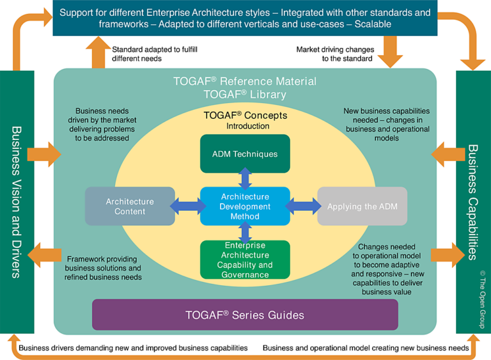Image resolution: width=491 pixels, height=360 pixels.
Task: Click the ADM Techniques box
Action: coord(245,154)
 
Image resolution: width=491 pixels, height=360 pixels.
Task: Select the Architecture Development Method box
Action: coord(245,207)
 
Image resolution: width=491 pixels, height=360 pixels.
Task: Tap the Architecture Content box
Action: coord(130,207)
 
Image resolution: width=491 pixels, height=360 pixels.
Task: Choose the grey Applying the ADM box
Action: coord(362,207)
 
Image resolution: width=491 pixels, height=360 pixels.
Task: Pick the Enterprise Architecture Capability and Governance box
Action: coord(245,260)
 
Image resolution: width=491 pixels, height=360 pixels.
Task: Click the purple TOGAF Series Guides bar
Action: coord(245,315)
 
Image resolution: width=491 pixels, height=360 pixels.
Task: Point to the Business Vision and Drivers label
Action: coord(16,201)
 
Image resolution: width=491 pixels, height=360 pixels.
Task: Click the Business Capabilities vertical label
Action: coord(473,201)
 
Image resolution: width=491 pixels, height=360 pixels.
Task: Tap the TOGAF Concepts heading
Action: coord(245,116)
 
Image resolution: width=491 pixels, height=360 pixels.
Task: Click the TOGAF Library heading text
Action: coord(245,94)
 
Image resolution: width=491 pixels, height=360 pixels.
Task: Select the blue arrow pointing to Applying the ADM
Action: coord(304,206)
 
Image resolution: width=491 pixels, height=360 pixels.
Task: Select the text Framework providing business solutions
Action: coord(103,268)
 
